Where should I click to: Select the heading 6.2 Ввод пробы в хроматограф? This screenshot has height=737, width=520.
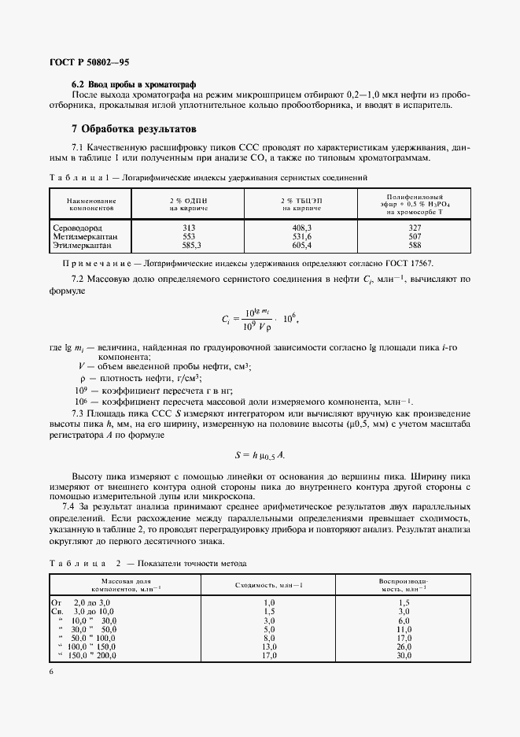coord(133,83)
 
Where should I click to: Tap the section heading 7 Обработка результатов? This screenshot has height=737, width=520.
coord(134,128)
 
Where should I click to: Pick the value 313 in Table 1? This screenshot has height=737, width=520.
coord(188,228)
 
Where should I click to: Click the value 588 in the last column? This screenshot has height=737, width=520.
coord(415,244)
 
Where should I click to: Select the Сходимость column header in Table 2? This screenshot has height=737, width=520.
coord(269,585)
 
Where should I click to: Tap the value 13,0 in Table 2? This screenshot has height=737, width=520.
coord(269,646)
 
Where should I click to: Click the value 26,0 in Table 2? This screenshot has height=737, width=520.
coord(404,646)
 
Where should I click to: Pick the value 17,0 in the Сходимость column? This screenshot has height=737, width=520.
coord(269,655)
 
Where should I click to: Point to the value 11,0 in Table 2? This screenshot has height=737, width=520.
coord(404,629)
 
